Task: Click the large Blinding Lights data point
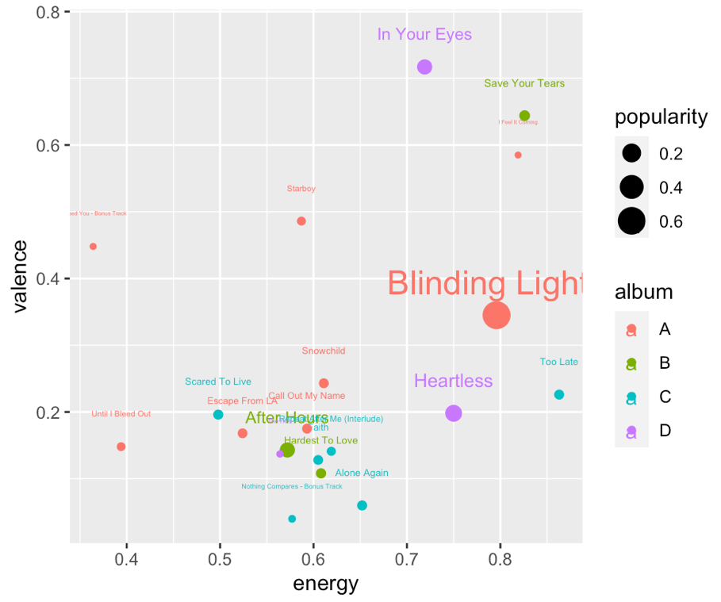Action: coord(497,315)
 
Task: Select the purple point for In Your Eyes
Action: coord(424,67)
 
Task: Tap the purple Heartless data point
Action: coord(454,413)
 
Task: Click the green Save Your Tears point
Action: coord(524,116)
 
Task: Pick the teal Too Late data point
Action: coord(559,395)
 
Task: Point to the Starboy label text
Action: coord(301,189)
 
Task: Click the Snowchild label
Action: coord(324,351)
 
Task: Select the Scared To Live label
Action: coord(218,382)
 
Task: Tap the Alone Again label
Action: coord(362,474)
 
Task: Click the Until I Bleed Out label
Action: coord(121,414)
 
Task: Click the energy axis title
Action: coord(326,585)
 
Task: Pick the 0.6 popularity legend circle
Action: coord(631,221)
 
